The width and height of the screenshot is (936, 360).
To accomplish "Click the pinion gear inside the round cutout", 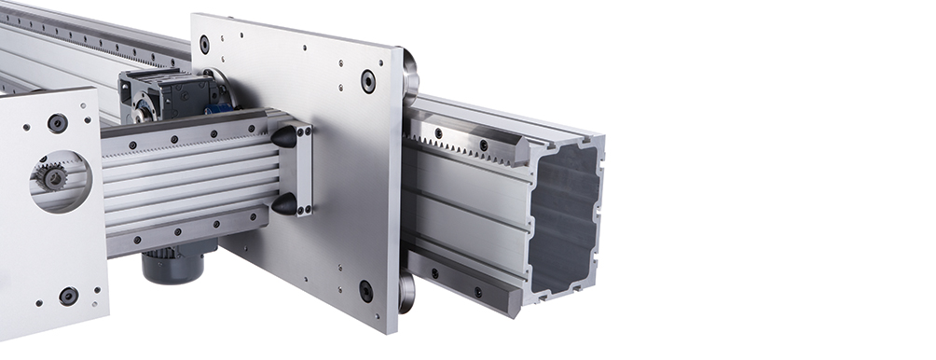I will pyautogui.click(x=51, y=176).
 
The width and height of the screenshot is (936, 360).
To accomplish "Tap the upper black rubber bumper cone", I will pyautogui.click(x=283, y=137).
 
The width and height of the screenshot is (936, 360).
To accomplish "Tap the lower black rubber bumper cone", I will pyautogui.click(x=283, y=203).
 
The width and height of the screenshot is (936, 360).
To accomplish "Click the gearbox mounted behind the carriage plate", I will pyautogui.click(x=168, y=93).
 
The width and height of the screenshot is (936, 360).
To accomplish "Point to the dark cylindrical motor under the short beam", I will pyautogui.click(x=173, y=266).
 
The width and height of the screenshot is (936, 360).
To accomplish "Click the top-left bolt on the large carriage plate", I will pyautogui.click(x=204, y=44).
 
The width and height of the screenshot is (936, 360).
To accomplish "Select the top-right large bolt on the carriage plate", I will pyautogui.click(x=368, y=81).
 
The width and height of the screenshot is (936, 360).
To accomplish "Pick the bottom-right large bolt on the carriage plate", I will pyautogui.click(x=366, y=291).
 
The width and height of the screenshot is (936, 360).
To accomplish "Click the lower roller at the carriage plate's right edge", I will pyautogui.click(x=406, y=291).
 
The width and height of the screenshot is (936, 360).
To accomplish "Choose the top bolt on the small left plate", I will pyautogui.click(x=57, y=123).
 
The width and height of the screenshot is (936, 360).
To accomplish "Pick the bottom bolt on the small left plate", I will pyautogui.click(x=68, y=296).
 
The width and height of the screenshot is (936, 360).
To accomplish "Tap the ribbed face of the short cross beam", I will pyautogui.click(x=186, y=182).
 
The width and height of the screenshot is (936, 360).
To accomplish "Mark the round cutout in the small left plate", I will pyautogui.click(x=60, y=180).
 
